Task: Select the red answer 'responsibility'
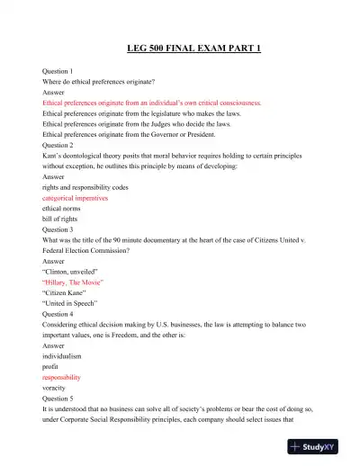click(x=62, y=379)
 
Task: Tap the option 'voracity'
click(x=56, y=390)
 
